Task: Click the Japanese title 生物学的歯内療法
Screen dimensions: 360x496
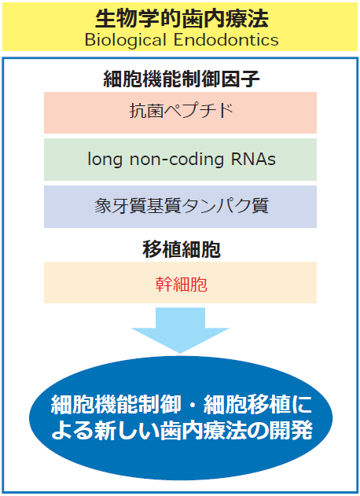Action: coord(182,19)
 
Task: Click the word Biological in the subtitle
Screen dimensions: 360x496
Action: coord(126,40)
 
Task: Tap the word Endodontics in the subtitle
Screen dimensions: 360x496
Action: coord(226,40)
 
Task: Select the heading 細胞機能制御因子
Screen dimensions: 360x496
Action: coord(182,79)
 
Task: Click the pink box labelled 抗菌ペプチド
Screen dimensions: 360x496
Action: coord(180,112)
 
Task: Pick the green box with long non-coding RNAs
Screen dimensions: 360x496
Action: coord(180,160)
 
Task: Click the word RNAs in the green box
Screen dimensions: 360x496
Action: coord(253,159)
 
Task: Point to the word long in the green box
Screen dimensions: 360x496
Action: coord(105,160)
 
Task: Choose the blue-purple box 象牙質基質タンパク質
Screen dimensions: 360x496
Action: coord(180,207)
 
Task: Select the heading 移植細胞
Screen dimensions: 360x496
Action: coord(182,249)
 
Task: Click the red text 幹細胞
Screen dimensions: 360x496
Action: coord(182,285)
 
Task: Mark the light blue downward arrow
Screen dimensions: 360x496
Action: coord(180,330)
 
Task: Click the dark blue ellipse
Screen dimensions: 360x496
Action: coord(181,417)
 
